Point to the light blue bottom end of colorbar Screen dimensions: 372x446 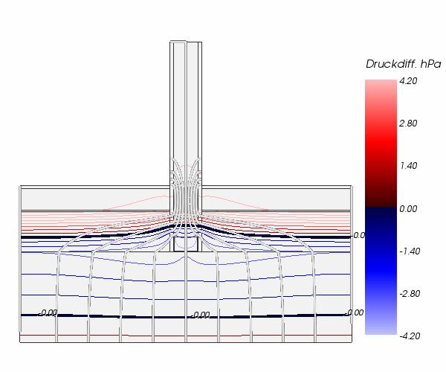coord(380,331)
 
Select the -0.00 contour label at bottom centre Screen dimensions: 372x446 coord(200,315)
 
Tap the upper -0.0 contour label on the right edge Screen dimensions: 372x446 coord(358,235)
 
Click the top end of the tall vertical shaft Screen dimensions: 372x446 coord(186,43)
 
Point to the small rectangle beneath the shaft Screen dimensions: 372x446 coord(186,243)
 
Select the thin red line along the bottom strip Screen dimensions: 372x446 coord(186,336)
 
